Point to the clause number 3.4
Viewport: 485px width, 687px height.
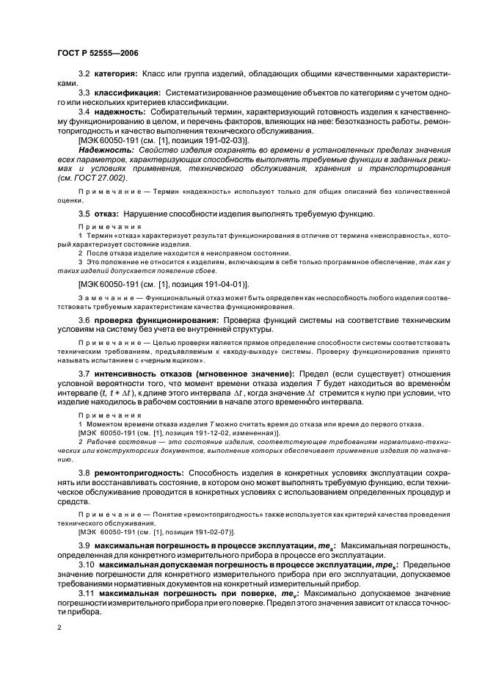(x=84, y=112)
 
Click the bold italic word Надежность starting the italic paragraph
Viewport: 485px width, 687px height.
(x=106, y=149)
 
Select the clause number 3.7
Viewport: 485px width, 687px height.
(x=84, y=374)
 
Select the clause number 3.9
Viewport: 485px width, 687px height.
(x=84, y=546)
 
